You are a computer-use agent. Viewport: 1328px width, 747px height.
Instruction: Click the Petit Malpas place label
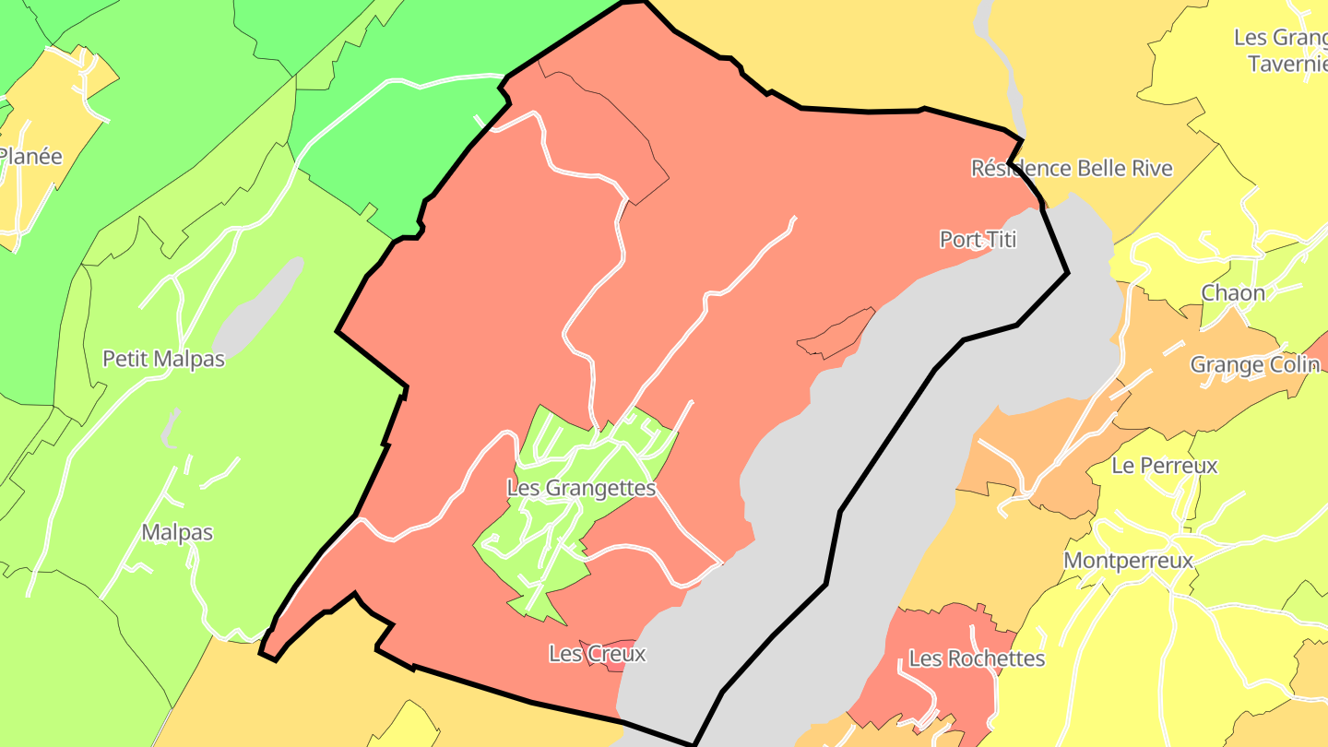[x=163, y=359]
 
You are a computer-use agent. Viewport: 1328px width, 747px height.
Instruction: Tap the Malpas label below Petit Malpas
[x=177, y=532]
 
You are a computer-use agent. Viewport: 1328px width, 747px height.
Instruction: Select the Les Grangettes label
[x=581, y=488]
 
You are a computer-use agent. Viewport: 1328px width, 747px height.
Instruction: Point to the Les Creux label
[x=597, y=654]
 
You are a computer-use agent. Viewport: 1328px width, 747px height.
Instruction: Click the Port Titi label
[x=978, y=240]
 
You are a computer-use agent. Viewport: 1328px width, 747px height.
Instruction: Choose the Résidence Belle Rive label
[x=1072, y=168]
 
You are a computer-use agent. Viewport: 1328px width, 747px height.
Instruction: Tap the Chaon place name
[x=1232, y=293]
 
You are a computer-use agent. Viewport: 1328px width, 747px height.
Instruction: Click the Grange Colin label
[x=1254, y=364]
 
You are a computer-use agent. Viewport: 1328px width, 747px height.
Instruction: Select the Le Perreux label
[x=1164, y=466]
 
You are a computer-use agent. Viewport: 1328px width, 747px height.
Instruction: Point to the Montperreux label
[x=1128, y=560]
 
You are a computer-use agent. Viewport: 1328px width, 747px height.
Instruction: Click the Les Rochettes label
[x=977, y=658]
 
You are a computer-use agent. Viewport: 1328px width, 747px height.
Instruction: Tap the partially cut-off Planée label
[x=30, y=156]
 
